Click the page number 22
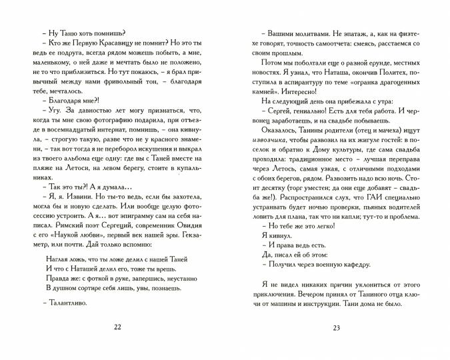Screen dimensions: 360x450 118,327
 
